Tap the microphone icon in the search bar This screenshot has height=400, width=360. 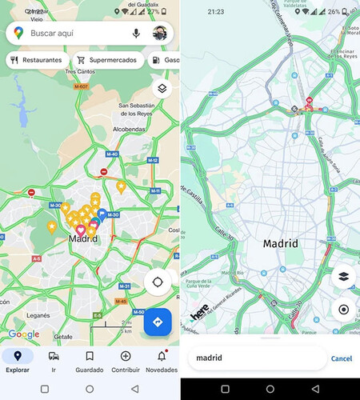pos(136,34)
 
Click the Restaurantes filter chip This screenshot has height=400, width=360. pos(35,60)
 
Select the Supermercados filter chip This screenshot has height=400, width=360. pos(107,60)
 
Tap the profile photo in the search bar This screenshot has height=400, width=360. pos(160,34)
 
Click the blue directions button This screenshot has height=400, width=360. pos(158,322)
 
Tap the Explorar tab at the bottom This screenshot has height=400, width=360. pos(18,361)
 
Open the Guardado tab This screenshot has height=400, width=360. pos(89,361)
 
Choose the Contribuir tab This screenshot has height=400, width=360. pos(125,361)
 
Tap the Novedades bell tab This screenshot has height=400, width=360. pos(162,361)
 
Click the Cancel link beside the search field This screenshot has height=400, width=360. pos(342,358)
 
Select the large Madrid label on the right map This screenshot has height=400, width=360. pos(281,243)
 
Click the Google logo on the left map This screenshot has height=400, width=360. pos(24,334)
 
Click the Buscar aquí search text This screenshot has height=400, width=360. pos(53,34)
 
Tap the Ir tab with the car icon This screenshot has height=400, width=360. pos(53,361)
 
